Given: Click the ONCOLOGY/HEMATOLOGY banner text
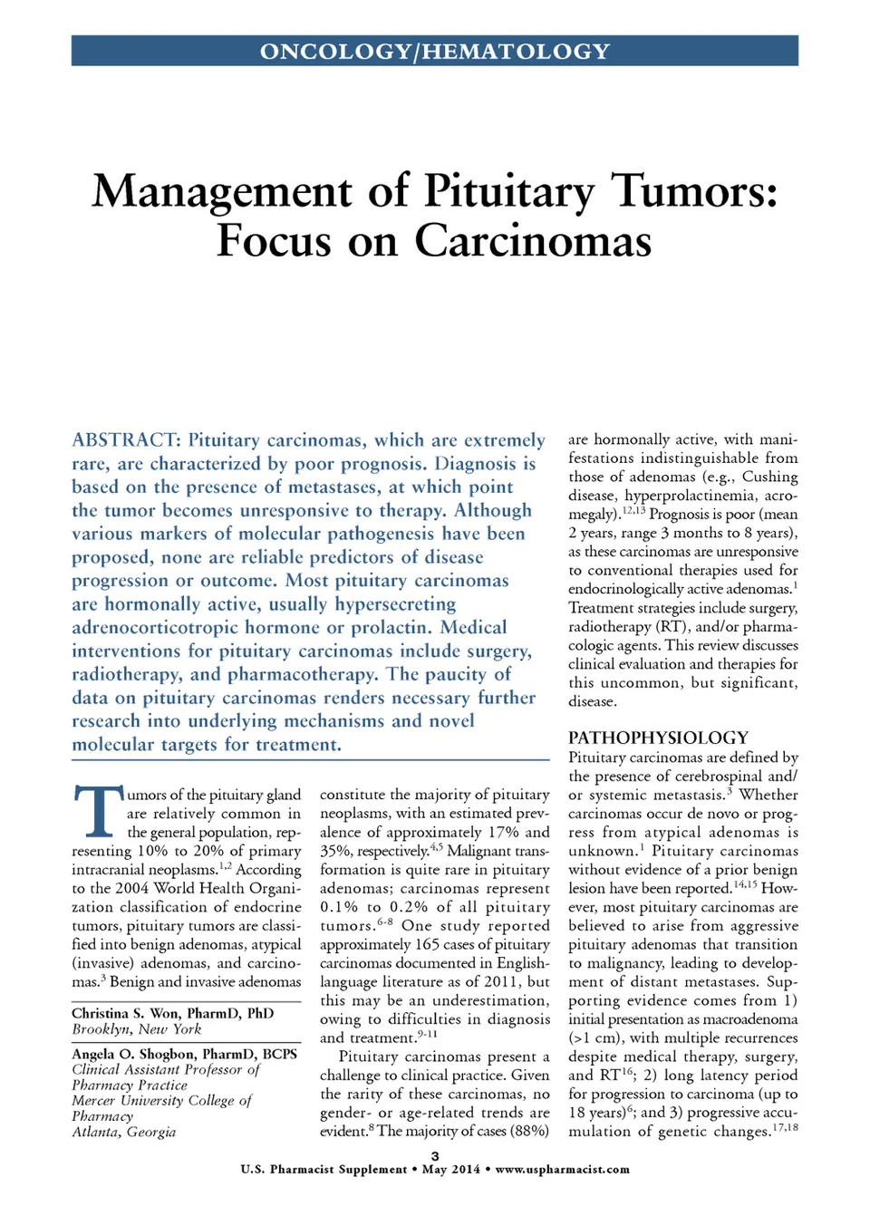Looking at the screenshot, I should pos(435,52).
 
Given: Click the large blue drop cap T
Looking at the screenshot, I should pos(97,811).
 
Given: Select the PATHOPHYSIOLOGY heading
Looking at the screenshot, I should pos(658,738).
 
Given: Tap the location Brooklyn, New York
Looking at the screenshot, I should pos(137,1029).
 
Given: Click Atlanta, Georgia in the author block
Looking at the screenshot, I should pos(124,1132).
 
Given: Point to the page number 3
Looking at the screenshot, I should pos(435,1156).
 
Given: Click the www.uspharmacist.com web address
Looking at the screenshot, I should pos(562,1170).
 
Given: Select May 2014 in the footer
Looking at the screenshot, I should pos(451,1170).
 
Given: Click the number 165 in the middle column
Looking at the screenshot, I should pos(427,944).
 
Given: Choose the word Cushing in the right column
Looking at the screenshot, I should pos(769,477).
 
